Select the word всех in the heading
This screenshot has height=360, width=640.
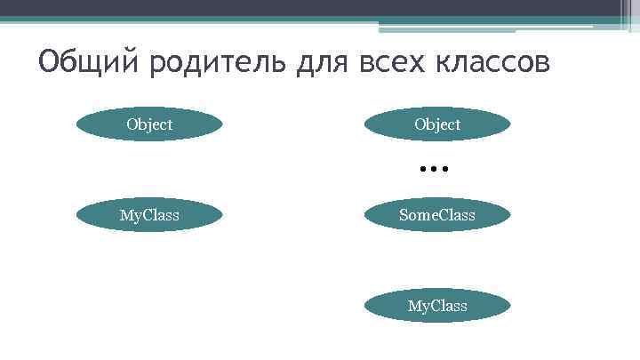point(396,64)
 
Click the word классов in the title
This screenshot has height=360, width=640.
point(496,64)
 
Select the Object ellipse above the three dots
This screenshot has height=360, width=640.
point(437,124)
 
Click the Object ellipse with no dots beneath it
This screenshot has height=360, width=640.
point(149,124)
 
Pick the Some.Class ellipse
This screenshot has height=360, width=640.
point(437,215)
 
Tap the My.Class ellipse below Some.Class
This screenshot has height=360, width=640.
point(437,306)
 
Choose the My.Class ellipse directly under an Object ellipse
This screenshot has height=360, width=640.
point(149,215)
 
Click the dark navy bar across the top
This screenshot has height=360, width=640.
point(320,8)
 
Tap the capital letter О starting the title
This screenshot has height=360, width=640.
point(49,64)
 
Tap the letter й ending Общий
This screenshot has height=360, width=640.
point(126,64)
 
